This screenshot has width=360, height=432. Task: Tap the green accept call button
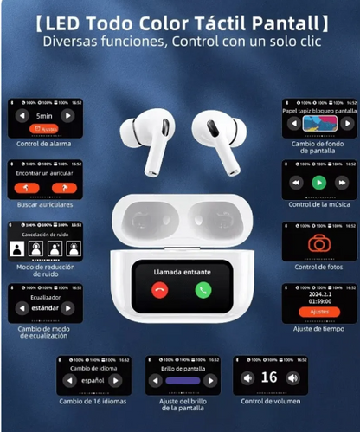coord(202,290)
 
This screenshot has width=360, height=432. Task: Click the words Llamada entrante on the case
coord(180,272)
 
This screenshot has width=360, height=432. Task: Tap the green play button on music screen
coord(319,183)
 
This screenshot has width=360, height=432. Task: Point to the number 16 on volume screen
coord(269,377)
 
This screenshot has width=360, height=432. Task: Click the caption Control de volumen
coord(269,400)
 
